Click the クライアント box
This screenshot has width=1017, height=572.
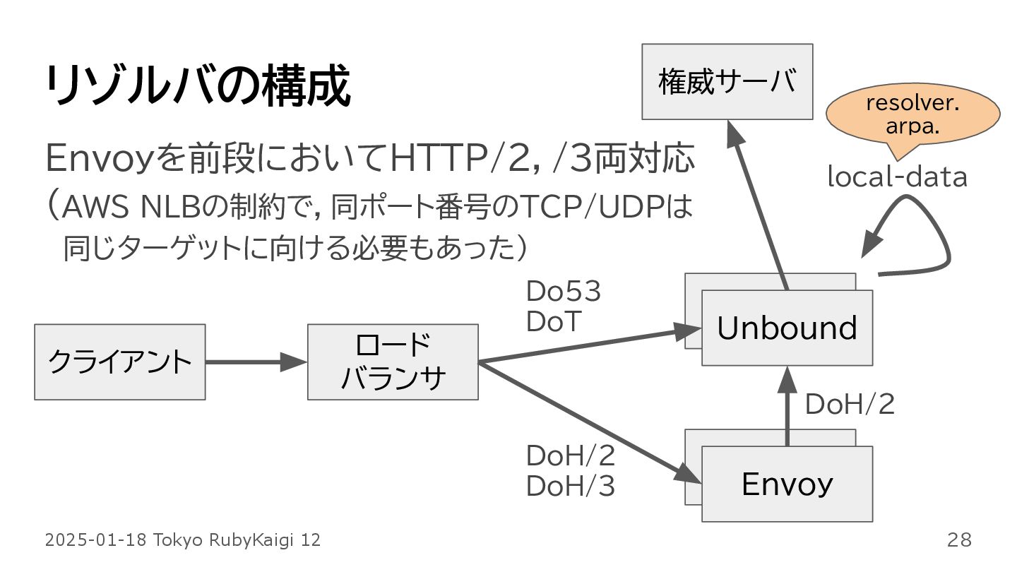pyautogui.click(x=119, y=362)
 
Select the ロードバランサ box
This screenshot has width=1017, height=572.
pyautogui.click(x=393, y=362)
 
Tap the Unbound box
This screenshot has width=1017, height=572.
pyautogui.click(x=787, y=328)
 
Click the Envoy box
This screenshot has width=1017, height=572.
pyautogui.click(x=787, y=484)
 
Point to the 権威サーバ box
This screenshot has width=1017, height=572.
pyautogui.click(x=727, y=81)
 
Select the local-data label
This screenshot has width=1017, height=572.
pyautogui.click(x=897, y=177)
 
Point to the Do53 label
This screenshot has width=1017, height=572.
pyautogui.click(x=563, y=292)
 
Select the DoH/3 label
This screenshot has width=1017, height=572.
pyautogui.click(x=570, y=486)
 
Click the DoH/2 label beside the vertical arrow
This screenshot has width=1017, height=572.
pyautogui.click(x=850, y=405)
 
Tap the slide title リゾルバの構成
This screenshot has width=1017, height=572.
pyautogui.click(x=198, y=87)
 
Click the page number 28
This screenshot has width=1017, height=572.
pyautogui.click(x=959, y=540)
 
